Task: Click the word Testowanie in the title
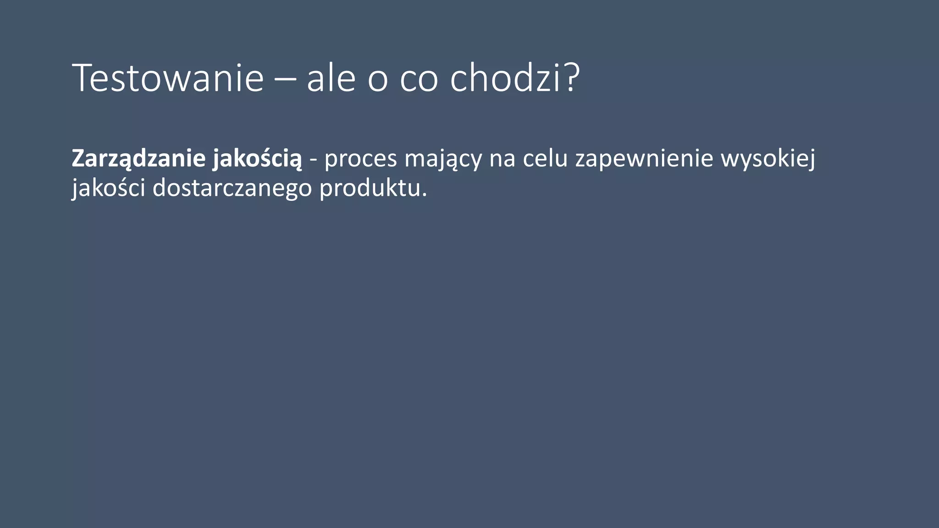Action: point(168,78)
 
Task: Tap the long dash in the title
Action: point(285,80)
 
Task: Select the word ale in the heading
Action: point(331,78)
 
